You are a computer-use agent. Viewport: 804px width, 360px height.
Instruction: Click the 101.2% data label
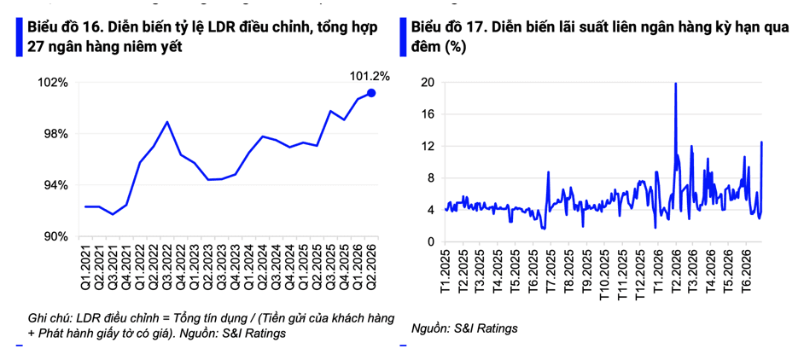[x=370, y=77]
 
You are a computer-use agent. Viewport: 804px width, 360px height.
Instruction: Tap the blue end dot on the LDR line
[x=372, y=93]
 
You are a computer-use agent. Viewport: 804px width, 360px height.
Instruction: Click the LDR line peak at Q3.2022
[x=167, y=122]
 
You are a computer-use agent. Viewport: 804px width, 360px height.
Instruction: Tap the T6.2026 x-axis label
[x=746, y=267]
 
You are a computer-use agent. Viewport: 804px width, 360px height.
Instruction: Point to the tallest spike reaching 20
[x=676, y=84]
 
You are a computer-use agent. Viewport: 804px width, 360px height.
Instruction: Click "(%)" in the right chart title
[x=455, y=47]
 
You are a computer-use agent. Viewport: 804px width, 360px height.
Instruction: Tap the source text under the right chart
[x=464, y=328]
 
